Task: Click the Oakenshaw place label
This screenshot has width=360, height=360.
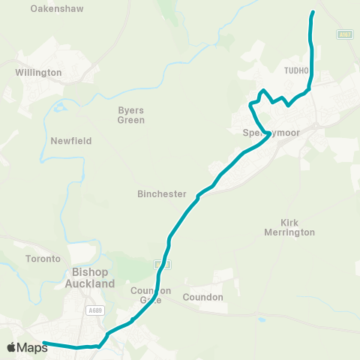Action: click(x=57, y=9)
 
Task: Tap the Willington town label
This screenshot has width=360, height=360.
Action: click(x=38, y=73)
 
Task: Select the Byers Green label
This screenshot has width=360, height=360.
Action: click(x=131, y=115)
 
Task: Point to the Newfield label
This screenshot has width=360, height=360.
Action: click(x=70, y=141)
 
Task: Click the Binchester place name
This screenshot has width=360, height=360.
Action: click(x=161, y=193)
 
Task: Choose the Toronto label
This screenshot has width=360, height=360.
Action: click(x=43, y=259)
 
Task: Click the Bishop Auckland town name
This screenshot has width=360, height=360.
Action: click(x=93, y=278)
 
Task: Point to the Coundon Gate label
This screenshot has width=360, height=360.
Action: click(x=151, y=295)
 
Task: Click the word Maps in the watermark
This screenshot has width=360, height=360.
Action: click(x=33, y=347)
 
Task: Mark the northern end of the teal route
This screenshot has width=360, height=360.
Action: click(x=313, y=13)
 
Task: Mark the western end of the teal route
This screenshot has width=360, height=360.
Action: click(x=44, y=343)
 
